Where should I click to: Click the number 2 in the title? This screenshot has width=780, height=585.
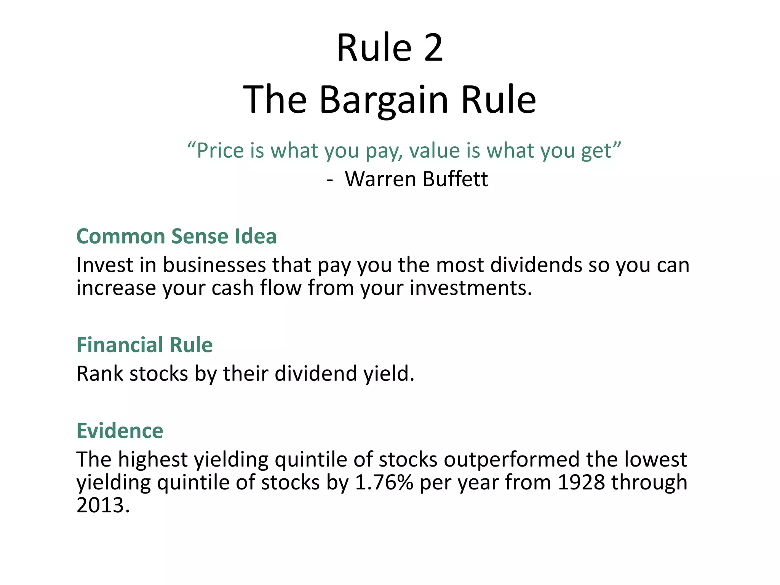[433, 48]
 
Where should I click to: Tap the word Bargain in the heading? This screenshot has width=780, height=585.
[384, 100]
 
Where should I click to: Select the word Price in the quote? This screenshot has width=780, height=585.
[220, 150]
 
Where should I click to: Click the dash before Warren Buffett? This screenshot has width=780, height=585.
[330, 180]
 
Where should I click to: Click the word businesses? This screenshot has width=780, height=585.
[214, 265]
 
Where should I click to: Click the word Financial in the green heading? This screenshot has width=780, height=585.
[120, 345]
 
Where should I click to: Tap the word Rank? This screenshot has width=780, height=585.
[100, 374]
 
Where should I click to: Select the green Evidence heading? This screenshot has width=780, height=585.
[120, 431]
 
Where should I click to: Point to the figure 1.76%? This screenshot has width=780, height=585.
[384, 483]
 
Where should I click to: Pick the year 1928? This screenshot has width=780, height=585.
[581, 483]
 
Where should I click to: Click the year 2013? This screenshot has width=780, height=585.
[103, 505]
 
